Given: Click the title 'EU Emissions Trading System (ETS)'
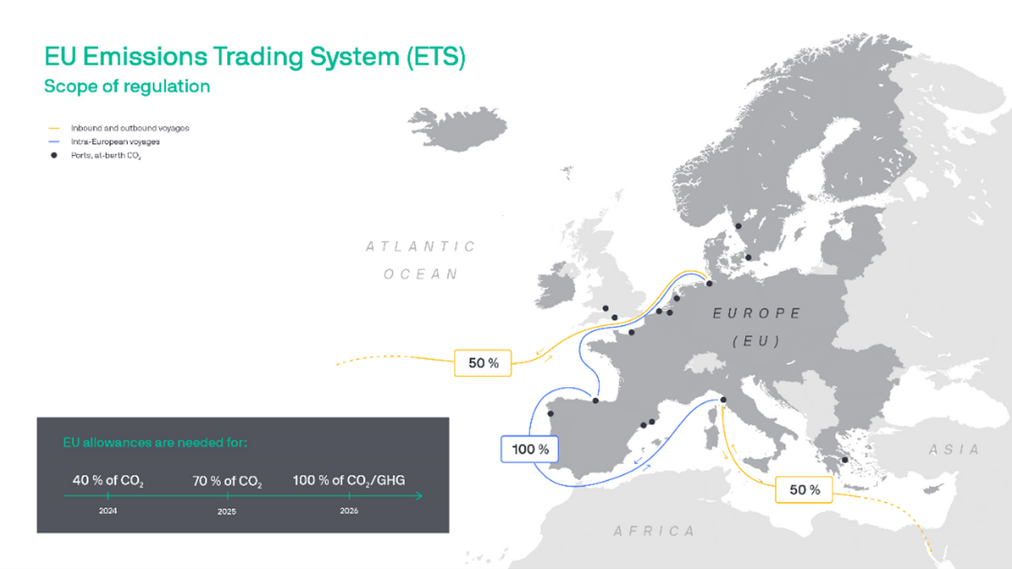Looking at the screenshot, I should (255, 57).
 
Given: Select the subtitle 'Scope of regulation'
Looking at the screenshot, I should (127, 86).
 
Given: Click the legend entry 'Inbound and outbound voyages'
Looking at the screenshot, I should (130, 128).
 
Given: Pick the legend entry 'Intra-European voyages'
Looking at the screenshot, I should (115, 141).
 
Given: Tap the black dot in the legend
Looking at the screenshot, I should (54, 155).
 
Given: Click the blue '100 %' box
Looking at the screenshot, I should (530, 449).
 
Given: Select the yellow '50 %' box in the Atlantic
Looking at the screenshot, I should (483, 363).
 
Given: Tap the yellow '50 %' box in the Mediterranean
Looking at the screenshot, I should (804, 490).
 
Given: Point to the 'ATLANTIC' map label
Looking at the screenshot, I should (421, 247).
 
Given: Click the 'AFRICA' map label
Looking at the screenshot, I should (654, 531).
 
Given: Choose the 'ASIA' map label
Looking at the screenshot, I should (954, 449).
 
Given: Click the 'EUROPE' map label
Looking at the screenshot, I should (757, 313).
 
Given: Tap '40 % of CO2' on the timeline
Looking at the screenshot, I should (108, 481).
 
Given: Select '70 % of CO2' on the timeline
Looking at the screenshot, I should (227, 481).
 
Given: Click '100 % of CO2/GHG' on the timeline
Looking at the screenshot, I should (349, 481).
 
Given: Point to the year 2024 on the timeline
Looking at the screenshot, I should (108, 511).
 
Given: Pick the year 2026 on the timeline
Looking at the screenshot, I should (349, 511).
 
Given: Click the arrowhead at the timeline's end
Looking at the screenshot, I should (418, 496).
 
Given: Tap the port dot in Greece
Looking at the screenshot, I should (845, 460).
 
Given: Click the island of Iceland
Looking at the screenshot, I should (460, 128).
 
